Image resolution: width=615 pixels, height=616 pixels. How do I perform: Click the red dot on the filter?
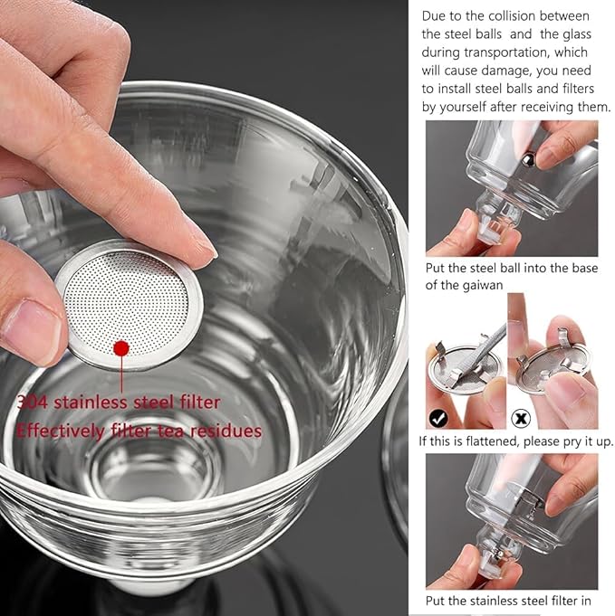point(120,347)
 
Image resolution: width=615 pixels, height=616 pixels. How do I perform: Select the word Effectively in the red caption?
point(55,431)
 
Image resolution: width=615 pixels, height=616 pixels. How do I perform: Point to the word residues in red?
point(227,431)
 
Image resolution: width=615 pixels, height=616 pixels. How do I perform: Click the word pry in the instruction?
point(573,441)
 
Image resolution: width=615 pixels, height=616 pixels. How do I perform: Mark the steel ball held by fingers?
point(525,159)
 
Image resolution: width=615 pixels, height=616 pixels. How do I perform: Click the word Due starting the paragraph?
point(435,15)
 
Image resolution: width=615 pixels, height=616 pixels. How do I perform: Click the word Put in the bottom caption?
point(437,600)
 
